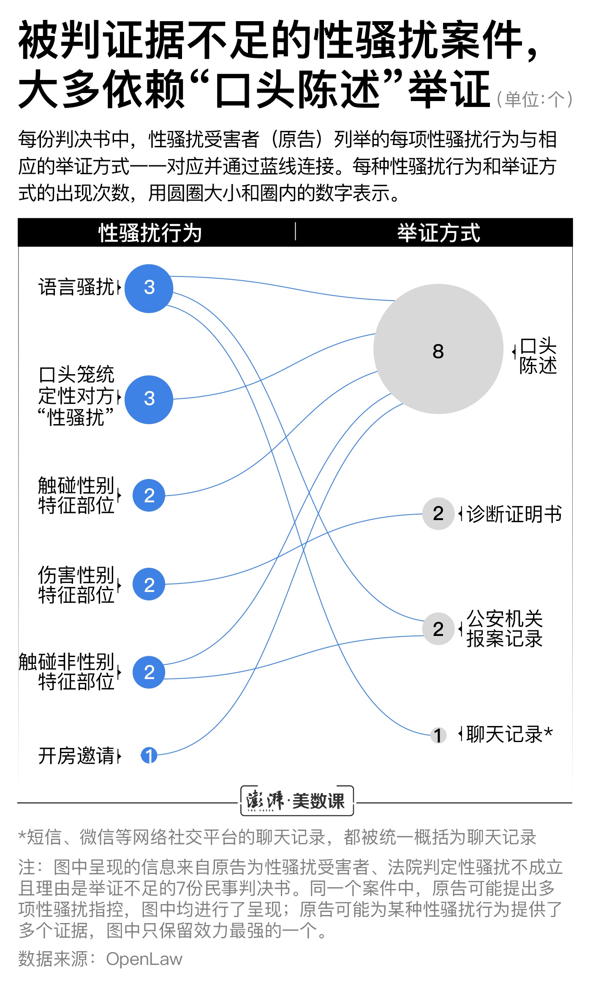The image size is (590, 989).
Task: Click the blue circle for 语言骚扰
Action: tap(149, 288)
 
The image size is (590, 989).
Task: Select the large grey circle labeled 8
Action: tap(438, 349)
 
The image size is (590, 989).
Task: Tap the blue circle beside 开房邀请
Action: tap(149, 755)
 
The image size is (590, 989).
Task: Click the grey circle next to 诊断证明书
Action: tap(438, 513)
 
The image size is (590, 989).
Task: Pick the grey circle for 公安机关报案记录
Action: tap(438, 629)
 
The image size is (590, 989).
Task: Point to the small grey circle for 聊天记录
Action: tap(438, 735)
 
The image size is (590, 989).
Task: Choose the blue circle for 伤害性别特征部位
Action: tap(149, 584)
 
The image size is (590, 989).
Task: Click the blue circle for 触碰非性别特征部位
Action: tap(149, 672)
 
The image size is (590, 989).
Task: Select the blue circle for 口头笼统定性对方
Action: tap(149, 400)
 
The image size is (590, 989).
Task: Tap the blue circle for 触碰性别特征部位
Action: tap(149, 495)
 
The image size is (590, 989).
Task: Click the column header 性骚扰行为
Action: tap(150, 233)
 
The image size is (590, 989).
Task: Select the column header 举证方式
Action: tap(438, 233)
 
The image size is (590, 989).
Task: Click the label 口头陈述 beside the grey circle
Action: tap(538, 356)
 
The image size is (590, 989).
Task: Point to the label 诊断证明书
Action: tap(514, 514)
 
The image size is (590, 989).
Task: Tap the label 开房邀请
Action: tap(76, 756)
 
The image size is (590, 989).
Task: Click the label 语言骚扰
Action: tap(76, 287)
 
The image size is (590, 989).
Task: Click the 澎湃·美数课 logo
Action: tap(296, 801)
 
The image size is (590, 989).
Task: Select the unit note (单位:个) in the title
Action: tap(534, 100)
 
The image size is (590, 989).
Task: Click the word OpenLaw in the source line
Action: tap(144, 959)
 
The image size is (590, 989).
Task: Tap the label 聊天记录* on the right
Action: tap(509, 734)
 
